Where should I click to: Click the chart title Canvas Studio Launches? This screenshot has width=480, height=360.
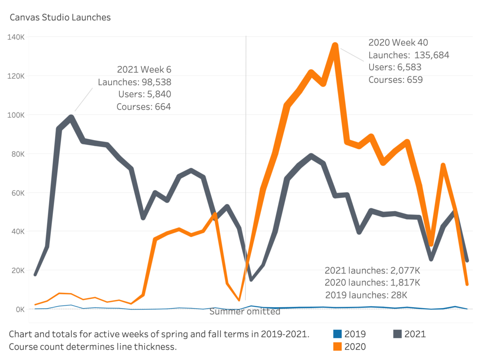[60, 18]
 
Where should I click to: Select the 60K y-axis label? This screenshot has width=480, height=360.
[17, 193]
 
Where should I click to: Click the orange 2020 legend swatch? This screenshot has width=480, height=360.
[337, 346]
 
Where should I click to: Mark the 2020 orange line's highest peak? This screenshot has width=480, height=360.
[335, 45]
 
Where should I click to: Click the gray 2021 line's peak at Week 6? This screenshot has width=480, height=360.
[71, 118]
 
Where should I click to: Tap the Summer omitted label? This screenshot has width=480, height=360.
[245, 312]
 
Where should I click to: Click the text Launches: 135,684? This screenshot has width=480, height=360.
[409, 55]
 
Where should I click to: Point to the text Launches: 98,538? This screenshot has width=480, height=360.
[134, 82]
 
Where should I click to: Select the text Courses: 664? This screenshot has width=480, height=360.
[144, 107]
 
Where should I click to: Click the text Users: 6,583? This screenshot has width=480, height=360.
[395, 67]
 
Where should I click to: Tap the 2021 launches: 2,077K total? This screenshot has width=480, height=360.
[372, 270]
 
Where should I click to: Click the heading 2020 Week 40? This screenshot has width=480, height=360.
[398, 42]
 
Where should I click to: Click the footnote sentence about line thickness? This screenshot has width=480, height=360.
[93, 347]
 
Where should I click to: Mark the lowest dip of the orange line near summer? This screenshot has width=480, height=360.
[239, 300]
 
